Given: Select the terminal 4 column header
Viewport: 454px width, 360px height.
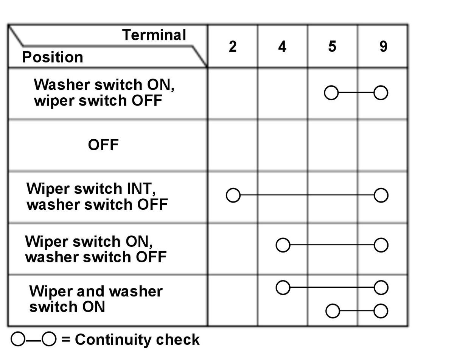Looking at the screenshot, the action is tap(282, 47).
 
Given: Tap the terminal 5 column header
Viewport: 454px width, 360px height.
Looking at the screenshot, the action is tap(332, 47).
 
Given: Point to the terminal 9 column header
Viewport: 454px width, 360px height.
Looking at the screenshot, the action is tap(383, 47).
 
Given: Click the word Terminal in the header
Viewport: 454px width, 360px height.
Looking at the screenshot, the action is tap(154, 35).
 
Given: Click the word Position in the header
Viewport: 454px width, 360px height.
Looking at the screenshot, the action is tap(53, 57).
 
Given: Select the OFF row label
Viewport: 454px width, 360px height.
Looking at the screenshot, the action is tap(103, 145).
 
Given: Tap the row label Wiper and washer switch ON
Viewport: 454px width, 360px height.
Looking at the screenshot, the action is tap(96, 299).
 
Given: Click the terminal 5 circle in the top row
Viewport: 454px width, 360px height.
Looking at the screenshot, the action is tap(331, 93).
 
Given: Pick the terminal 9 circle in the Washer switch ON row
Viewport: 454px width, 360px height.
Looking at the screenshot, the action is tap(381, 93).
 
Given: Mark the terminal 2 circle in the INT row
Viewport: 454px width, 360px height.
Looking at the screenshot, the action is tap(233, 195).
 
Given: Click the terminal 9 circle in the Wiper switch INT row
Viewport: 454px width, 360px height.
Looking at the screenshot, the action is tap(381, 195).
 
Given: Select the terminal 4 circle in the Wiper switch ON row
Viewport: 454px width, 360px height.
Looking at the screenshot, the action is tap(283, 245).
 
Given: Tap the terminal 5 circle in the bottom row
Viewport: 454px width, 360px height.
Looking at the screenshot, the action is tap(333, 311).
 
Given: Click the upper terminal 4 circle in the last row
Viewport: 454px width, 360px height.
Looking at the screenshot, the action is tap(283, 288).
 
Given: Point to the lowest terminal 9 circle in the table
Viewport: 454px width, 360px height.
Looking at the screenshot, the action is tap(381, 311).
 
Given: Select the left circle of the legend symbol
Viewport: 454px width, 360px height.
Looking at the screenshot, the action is tap(18, 339).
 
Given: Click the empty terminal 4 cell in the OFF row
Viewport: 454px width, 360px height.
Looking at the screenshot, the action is tap(283, 146).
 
